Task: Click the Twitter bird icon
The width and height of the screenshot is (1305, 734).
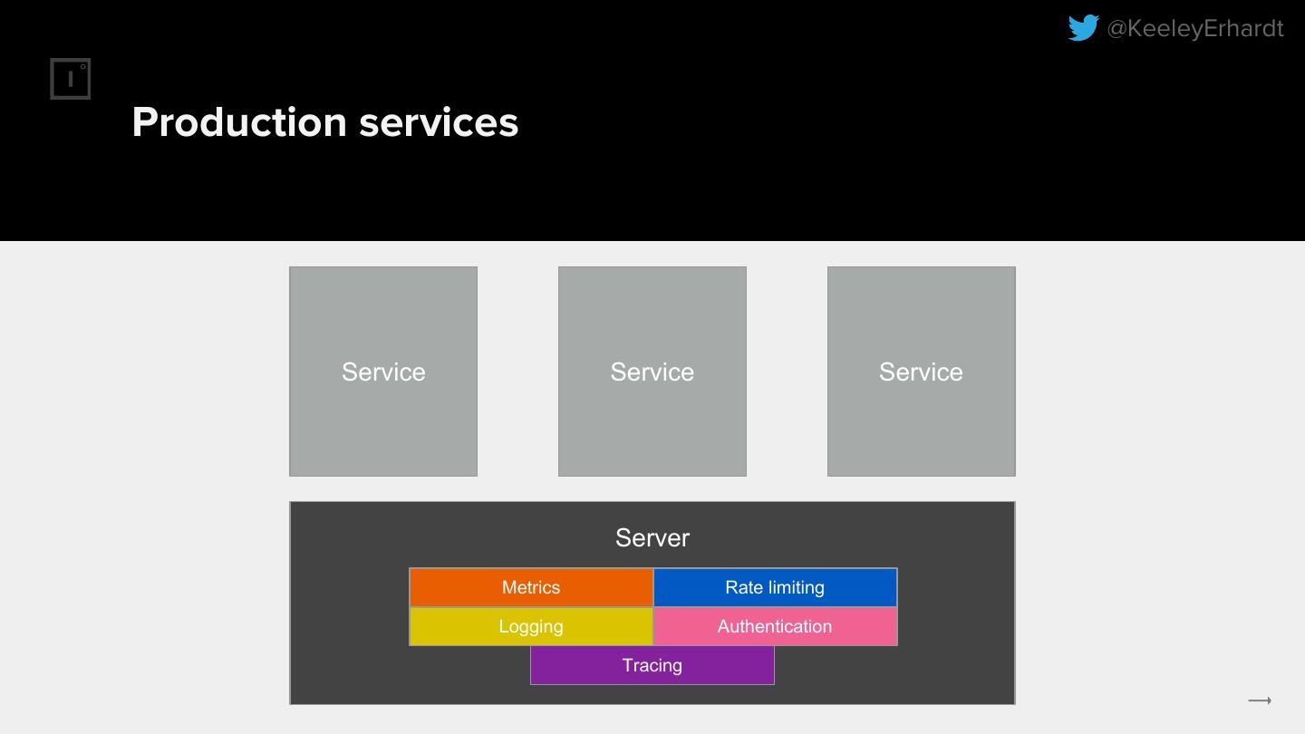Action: [x=1083, y=28]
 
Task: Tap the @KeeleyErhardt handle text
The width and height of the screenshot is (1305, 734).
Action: [x=1194, y=29]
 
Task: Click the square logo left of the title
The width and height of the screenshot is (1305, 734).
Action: [x=71, y=79]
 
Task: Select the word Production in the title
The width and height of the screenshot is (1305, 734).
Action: [x=239, y=122]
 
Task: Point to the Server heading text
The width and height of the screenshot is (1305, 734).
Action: [x=652, y=537]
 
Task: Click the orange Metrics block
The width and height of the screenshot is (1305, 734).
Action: [x=531, y=587]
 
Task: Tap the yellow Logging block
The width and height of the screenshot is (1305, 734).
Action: [x=531, y=626]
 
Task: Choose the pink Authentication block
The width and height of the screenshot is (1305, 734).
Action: [x=775, y=626]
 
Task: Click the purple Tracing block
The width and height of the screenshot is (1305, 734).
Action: [x=652, y=665]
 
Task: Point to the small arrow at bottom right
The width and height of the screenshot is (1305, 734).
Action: [x=1260, y=700]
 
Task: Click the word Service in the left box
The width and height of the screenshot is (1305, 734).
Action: [x=383, y=372]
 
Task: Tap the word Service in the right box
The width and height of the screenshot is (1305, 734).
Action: [x=921, y=372]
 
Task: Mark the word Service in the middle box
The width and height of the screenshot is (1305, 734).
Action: [x=652, y=372]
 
